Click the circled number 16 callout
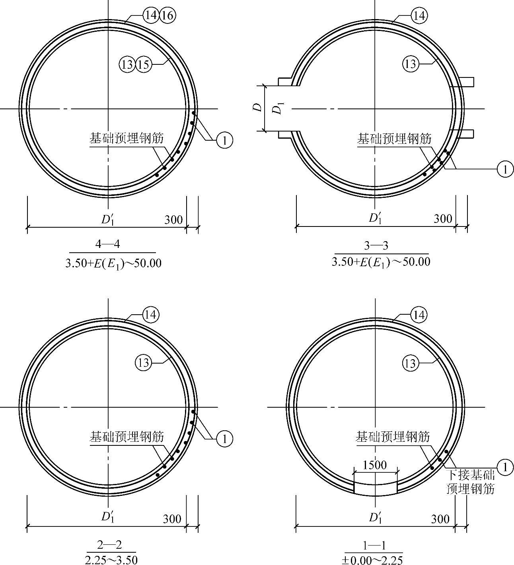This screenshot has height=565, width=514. [168, 15]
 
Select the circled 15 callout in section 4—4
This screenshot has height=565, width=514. [144, 65]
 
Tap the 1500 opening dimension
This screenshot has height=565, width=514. [375, 465]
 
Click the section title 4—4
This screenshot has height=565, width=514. [107, 244]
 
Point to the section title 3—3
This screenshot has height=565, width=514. [376, 246]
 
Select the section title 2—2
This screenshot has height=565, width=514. [109, 545]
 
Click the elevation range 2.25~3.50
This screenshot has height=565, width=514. [111, 560]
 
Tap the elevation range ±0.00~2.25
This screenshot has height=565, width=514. [372, 560]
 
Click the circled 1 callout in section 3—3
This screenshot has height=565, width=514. [505, 169]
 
